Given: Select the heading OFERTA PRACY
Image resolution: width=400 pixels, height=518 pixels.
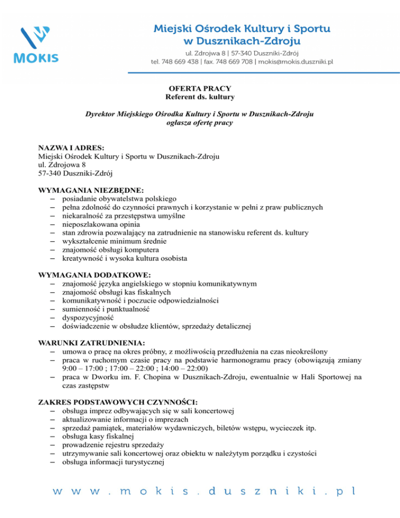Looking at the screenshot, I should tap(200, 88).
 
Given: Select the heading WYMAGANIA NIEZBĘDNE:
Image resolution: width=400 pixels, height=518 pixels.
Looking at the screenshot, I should tap(91, 190).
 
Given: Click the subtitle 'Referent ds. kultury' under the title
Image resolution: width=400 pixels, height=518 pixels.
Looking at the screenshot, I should tap(200, 97).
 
